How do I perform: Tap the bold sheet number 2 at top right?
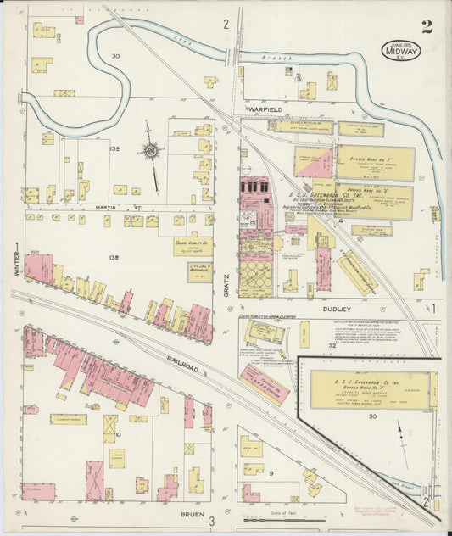click(x=427, y=26)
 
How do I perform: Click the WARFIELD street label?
click(x=265, y=109)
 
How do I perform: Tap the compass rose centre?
click(x=151, y=152)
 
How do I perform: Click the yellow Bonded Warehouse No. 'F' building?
click(x=376, y=163)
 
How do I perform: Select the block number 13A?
click(x=116, y=149)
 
